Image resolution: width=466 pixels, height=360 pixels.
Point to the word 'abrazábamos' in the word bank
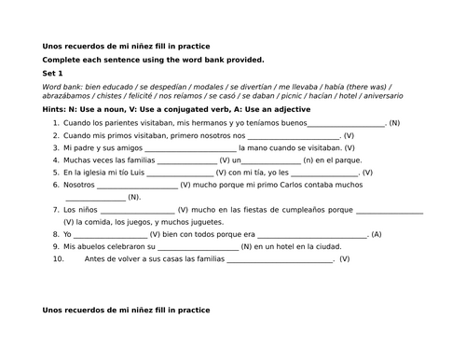tap(65, 96)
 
